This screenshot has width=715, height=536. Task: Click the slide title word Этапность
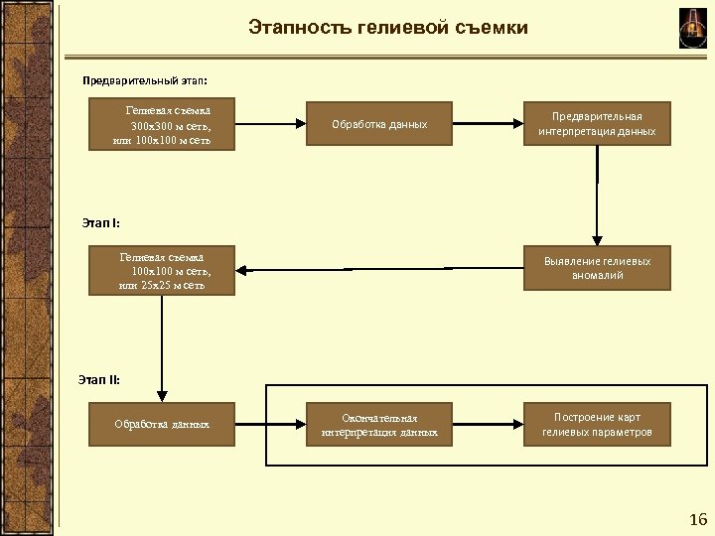click(295, 28)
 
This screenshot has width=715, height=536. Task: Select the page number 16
click(697, 520)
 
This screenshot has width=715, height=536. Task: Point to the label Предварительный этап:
click(145, 78)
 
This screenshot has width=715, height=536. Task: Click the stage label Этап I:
click(100, 222)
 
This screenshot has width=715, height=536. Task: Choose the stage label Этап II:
click(99, 377)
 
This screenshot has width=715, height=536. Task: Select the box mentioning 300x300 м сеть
click(165, 125)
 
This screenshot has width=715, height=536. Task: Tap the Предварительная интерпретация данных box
click(597, 124)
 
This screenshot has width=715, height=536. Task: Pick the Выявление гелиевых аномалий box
click(597, 268)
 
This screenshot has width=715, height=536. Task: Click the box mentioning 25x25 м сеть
click(165, 271)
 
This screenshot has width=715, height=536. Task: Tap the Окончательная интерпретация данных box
click(379, 425)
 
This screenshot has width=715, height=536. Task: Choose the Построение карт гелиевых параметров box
click(597, 425)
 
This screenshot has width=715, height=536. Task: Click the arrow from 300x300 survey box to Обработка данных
click(271, 124)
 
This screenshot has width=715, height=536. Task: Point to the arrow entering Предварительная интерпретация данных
click(488, 124)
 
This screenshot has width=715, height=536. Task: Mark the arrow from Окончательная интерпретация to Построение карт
click(488, 424)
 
